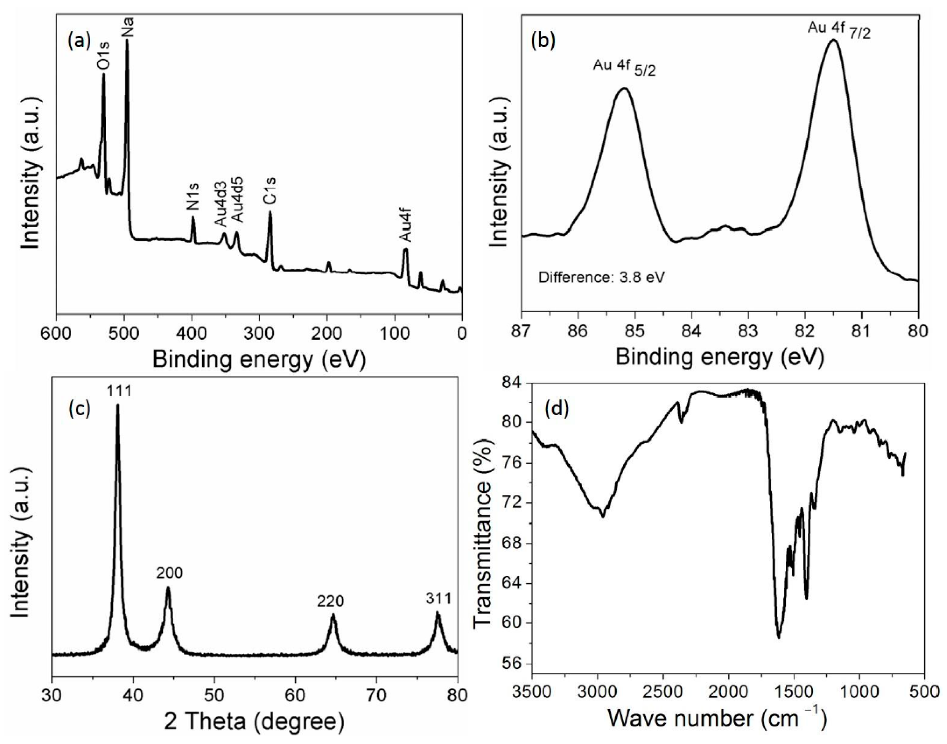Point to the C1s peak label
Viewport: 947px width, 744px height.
tap(270, 191)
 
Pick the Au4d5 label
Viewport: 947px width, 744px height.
tap(237, 200)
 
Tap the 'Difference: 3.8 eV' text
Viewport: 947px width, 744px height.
tap(602, 277)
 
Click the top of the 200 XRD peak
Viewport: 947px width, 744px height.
tap(168, 588)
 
